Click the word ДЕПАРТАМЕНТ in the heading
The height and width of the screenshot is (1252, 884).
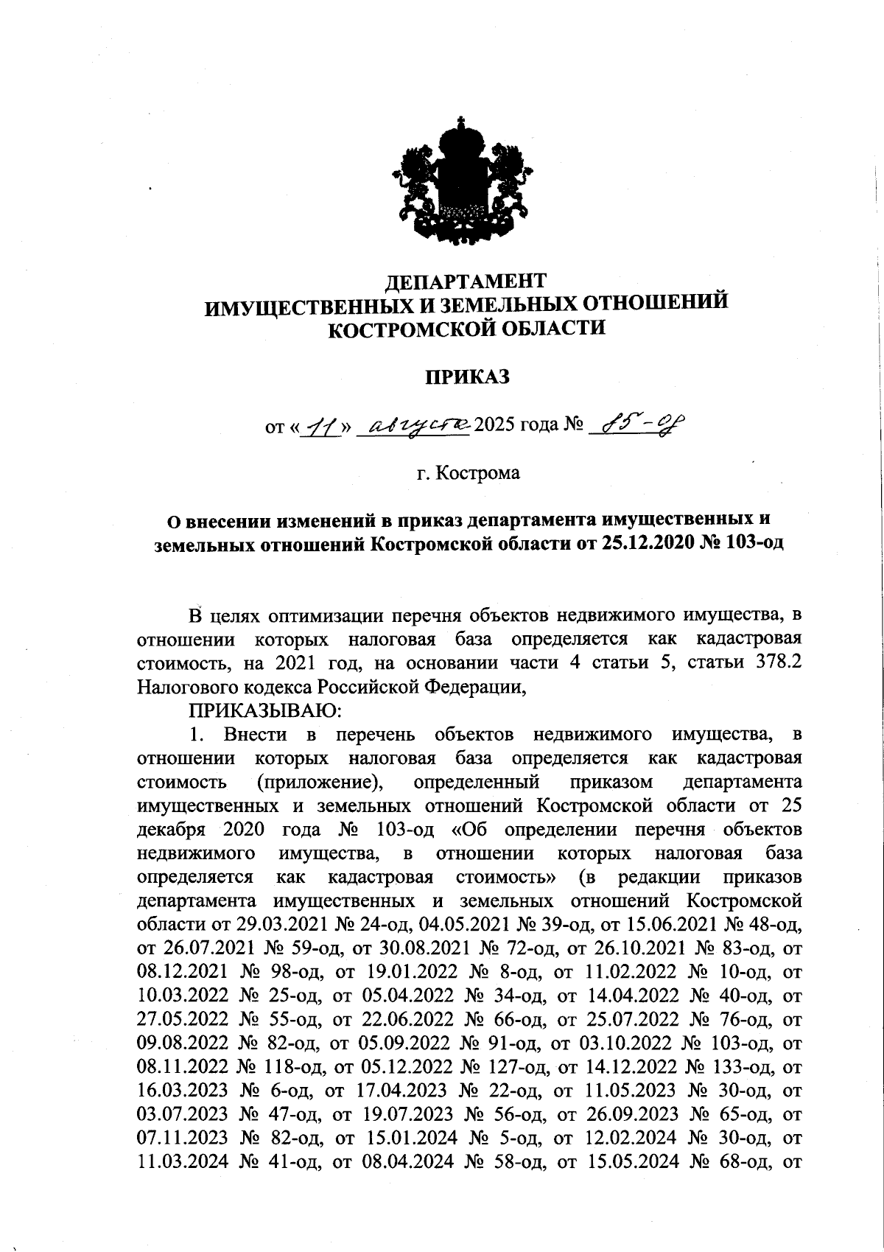467,281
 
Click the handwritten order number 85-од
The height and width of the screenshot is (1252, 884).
633,424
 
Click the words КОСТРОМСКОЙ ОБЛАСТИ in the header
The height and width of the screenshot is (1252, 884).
467,329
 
